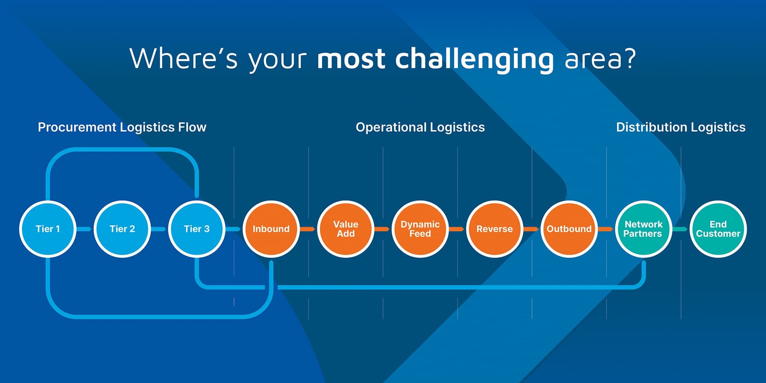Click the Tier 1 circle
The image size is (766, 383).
pos(47,229)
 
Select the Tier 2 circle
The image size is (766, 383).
pos(122,229)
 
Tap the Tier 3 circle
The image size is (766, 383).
pos(196,229)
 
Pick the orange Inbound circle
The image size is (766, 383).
pos(271,229)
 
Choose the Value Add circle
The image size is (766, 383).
pos(345,229)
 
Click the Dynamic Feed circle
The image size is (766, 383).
pos(420,229)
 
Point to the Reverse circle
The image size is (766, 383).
pos(494,229)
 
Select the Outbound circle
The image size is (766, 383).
pos(569,229)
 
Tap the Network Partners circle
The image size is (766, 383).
pos(643,229)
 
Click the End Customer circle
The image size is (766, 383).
pos(718,229)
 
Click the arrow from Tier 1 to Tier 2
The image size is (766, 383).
pos(84,229)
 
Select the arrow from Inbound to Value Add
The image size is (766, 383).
pos(308,229)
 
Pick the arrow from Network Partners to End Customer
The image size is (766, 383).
pos(680,229)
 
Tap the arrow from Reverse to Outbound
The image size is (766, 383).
pos(531,229)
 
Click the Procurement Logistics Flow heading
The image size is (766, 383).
pos(122,127)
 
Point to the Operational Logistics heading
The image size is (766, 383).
pos(420,127)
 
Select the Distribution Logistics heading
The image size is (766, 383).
pos(681,127)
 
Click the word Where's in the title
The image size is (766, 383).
pos(183,58)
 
